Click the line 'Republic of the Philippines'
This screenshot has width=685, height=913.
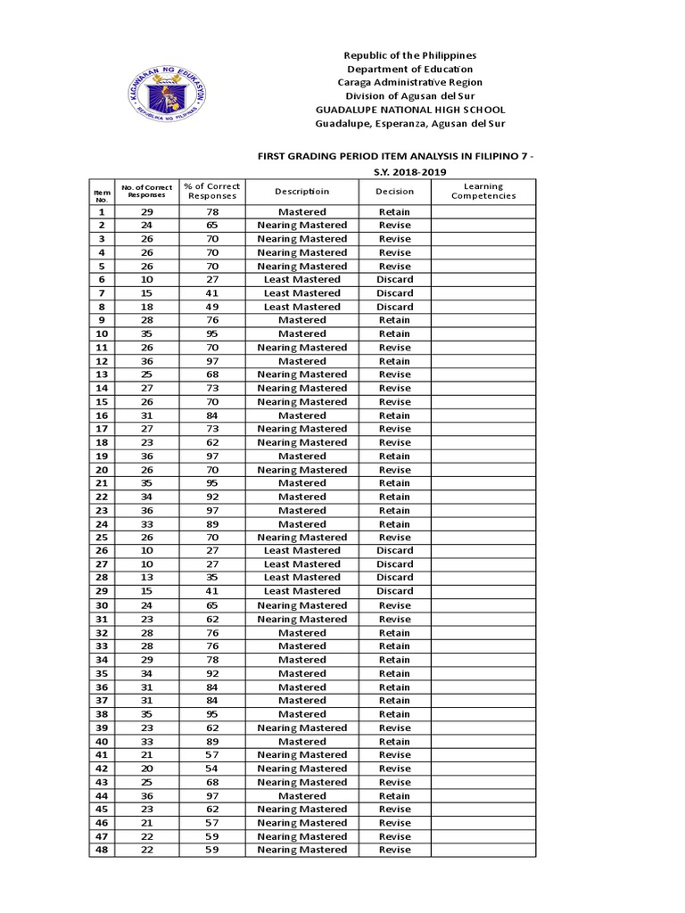point(411,55)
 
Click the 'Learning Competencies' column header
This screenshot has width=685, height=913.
point(483,191)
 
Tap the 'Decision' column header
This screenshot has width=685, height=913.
point(394,191)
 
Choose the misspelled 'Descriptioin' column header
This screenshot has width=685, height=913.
point(301,191)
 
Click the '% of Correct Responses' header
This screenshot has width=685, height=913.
point(211,191)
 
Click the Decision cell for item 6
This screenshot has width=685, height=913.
point(394,279)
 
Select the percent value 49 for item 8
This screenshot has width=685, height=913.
point(211,307)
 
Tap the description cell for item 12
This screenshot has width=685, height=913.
point(301,361)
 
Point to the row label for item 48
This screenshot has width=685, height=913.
point(102,850)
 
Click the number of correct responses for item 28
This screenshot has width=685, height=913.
point(146,578)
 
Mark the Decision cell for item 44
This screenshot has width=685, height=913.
point(394,795)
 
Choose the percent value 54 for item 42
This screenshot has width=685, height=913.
point(211,769)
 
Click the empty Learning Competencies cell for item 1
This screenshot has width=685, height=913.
point(483,212)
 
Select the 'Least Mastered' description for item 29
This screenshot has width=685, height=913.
point(301,591)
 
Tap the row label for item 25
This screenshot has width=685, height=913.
point(102,538)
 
